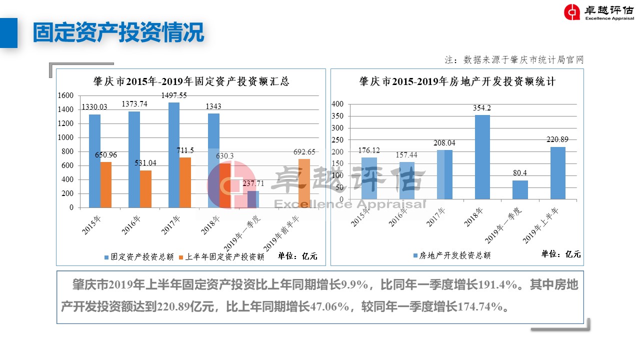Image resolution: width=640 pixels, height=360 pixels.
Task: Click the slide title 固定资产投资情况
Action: (118, 32)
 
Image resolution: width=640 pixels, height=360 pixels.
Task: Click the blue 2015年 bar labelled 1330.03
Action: (94, 160)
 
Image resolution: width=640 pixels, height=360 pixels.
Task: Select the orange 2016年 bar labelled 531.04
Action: (145, 188)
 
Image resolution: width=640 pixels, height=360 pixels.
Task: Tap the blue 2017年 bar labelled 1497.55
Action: (174, 154)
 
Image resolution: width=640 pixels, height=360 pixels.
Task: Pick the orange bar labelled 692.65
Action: (304, 183)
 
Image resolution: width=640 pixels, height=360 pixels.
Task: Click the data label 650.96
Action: (106, 155)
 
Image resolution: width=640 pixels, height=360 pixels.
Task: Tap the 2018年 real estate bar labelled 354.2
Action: (482, 157)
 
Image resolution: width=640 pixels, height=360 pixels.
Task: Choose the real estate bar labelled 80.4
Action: (520, 190)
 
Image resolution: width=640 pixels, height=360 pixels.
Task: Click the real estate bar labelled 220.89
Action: (558, 173)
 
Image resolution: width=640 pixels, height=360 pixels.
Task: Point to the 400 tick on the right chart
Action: (338, 104)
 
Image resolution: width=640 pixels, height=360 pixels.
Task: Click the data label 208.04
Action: (444, 143)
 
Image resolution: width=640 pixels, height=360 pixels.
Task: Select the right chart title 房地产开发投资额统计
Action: (457, 81)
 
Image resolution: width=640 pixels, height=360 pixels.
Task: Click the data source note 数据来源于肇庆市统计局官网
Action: (515, 60)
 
